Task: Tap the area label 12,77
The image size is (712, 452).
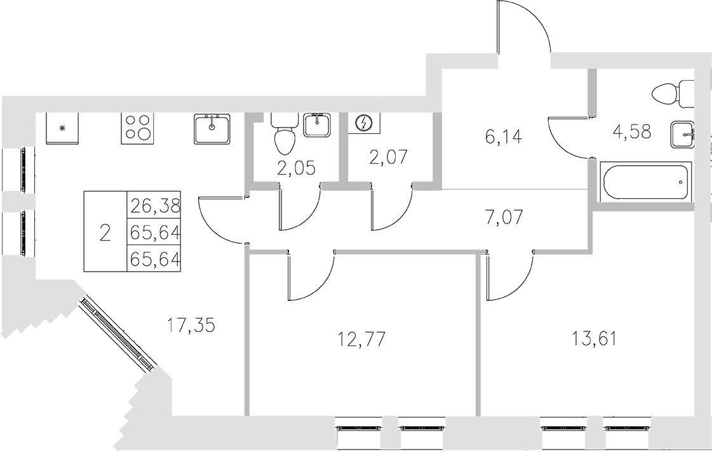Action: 361,338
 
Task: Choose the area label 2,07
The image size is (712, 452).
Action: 388,156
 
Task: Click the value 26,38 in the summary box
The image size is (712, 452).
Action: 155,206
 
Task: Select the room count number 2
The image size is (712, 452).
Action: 105,233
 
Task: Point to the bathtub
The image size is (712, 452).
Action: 645,182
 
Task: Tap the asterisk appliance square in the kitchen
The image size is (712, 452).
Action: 62,128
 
